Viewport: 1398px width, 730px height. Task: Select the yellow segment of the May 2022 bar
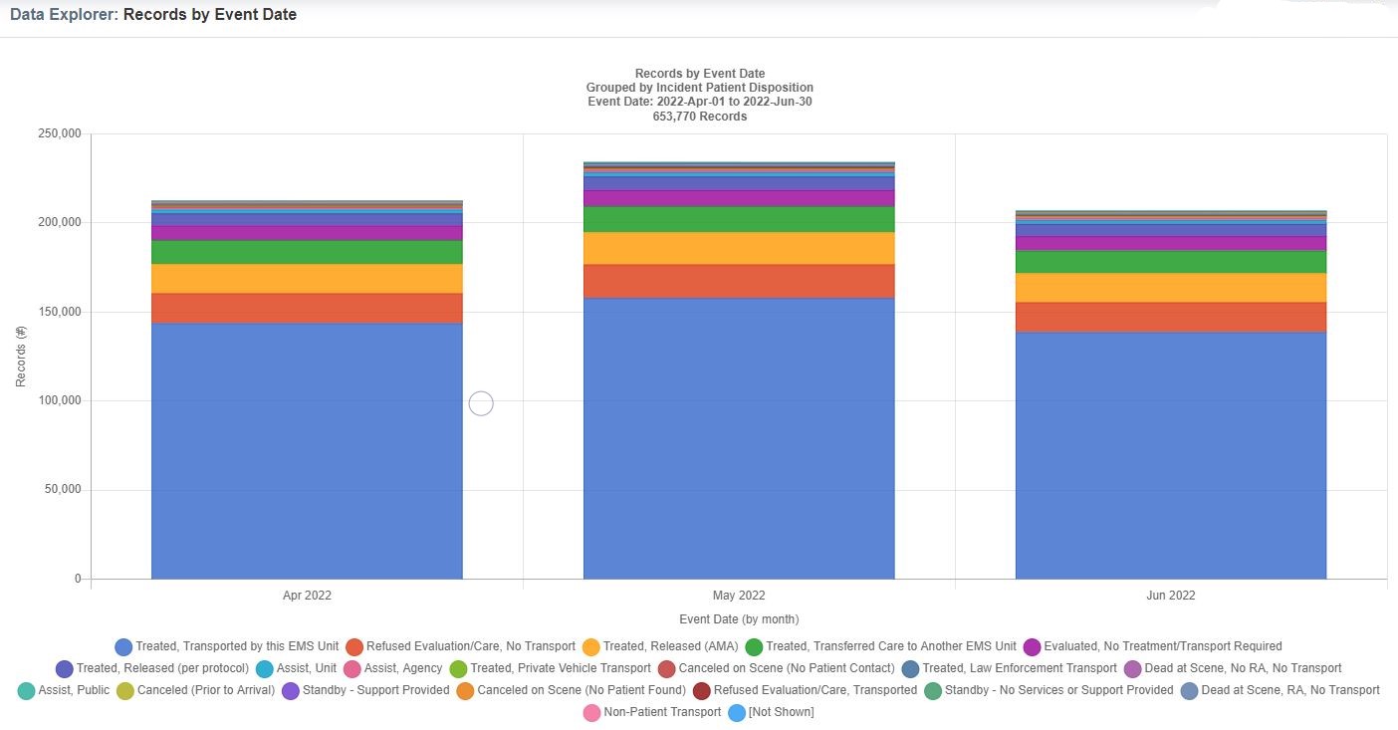[739, 248]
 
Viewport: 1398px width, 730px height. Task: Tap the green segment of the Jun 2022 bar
[1170, 261]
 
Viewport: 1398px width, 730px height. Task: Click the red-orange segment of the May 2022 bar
[739, 281]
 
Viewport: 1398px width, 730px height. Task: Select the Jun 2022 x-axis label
[1170, 596]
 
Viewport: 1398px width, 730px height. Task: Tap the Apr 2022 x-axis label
[307, 596]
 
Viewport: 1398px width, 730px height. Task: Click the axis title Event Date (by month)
[739, 619]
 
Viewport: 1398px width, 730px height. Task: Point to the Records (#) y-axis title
[21, 357]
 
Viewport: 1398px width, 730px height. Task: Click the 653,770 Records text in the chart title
[699, 117]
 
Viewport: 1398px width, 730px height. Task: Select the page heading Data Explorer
[62, 15]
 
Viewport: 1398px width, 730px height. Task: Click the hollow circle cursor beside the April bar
[481, 403]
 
